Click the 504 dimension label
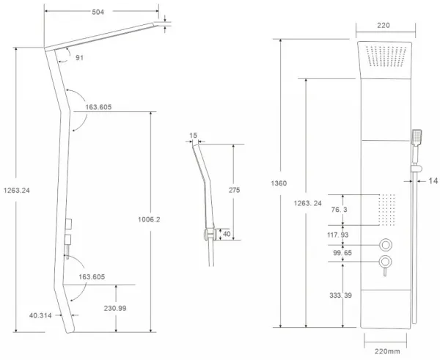(98, 12)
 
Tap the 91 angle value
(79, 58)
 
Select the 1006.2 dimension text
(149, 219)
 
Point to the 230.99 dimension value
(115, 308)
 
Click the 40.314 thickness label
(40, 315)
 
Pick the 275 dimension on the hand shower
(235, 190)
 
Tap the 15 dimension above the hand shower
(194, 136)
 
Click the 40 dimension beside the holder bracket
(227, 234)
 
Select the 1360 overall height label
(279, 183)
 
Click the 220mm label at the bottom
(387, 351)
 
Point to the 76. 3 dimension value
(339, 210)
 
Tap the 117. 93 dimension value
(337, 235)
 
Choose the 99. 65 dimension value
(342, 253)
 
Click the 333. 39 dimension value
(340, 295)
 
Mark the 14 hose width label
(433, 181)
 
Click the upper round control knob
(386, 245)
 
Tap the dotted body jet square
(386, 210)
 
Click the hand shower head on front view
(417, 137)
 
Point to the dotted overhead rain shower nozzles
(386, 56)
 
